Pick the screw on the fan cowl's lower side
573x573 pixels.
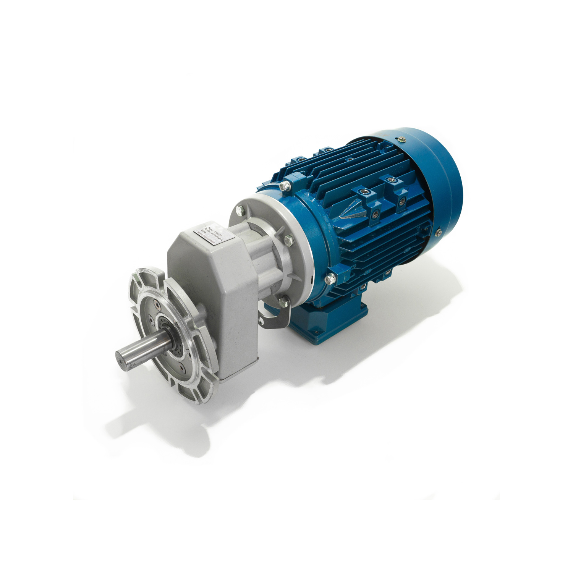coord(438,230)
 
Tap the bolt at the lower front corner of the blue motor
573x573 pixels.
coord(329,280)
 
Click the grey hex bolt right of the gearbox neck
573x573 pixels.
coord(288,240)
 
